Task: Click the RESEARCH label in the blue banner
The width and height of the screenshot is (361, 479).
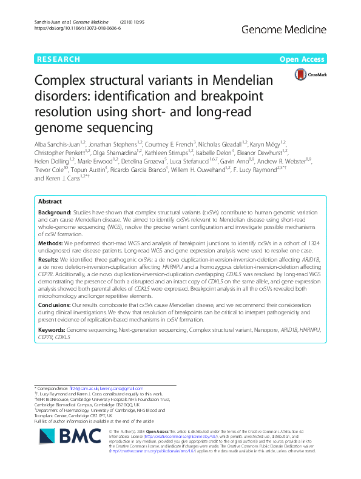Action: pyautogui.click(x=58, y=59)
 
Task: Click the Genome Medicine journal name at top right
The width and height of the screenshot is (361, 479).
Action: pyautogui.click(x=297, y=28)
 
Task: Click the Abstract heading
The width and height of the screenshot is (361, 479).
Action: pyautogui.click(x=51, y=168)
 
